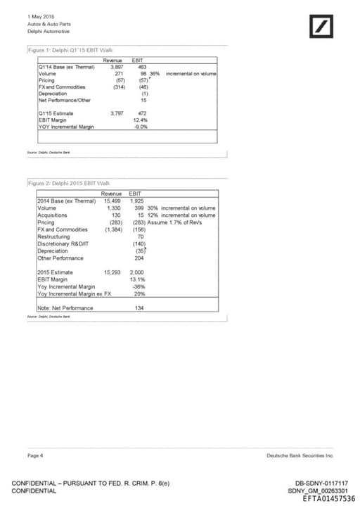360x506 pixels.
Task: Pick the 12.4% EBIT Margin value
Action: tap(141, 120)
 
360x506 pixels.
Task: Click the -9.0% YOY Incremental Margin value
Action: tap(141, 127)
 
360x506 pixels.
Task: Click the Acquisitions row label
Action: tap(53, 215)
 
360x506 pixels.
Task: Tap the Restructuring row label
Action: tap(55, 236)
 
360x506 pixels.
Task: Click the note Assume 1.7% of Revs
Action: tap(176, 222)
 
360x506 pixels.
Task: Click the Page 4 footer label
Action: tap(35, 455)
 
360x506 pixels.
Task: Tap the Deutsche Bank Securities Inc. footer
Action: tap(300, 455)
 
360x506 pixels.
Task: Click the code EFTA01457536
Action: tap(328, 498)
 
